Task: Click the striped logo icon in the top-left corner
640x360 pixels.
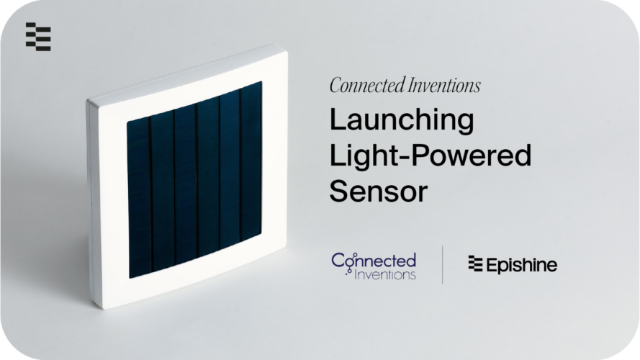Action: coord(38,37)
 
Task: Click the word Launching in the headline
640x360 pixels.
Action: coord(402,120)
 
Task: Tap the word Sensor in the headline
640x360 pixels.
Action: coord(379,191)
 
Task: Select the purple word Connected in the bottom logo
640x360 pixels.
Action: coord(374,261)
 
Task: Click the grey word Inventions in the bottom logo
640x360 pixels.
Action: coord(385,274)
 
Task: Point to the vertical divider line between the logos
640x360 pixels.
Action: coord(443,264)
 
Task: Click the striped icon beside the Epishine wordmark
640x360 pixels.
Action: coord(476,264)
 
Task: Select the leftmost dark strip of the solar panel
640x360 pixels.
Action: coord(139,198)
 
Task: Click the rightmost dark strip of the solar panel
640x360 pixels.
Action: coord(251,161)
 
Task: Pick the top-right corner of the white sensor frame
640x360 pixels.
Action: coord(287,51)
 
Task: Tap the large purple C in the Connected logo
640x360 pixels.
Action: coord(338,261)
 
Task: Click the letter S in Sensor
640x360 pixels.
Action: coord(339,191)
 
